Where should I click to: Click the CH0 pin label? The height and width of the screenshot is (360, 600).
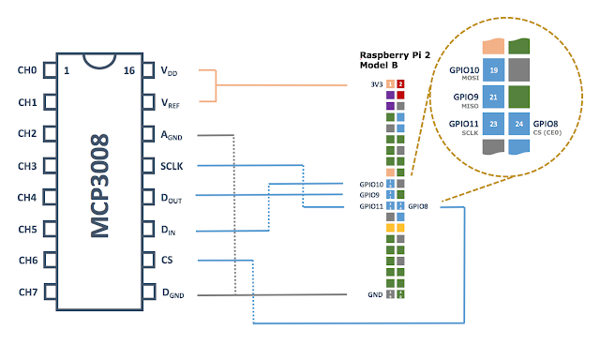click(27, 70)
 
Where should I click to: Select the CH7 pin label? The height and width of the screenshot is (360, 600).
click(27, 292)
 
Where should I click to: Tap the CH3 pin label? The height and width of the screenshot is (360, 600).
click(27, 166)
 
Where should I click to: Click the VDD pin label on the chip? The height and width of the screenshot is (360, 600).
click(170, 71)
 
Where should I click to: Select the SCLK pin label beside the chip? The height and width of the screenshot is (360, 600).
click(172, 166)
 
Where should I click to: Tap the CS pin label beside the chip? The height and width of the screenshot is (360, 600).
click(166, 261)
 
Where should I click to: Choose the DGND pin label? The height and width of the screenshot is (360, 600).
click(172, 293)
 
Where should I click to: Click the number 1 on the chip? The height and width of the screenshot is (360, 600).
click(67, 70)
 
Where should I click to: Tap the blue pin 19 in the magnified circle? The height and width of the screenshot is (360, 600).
click(493, 70)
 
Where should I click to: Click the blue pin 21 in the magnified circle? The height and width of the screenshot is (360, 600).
click(493, 97)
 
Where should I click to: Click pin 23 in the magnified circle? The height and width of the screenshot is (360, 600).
click(493, 124)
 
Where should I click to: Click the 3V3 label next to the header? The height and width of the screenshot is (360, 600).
click(377, 84)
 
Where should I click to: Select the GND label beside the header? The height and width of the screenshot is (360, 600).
click(376, 293)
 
